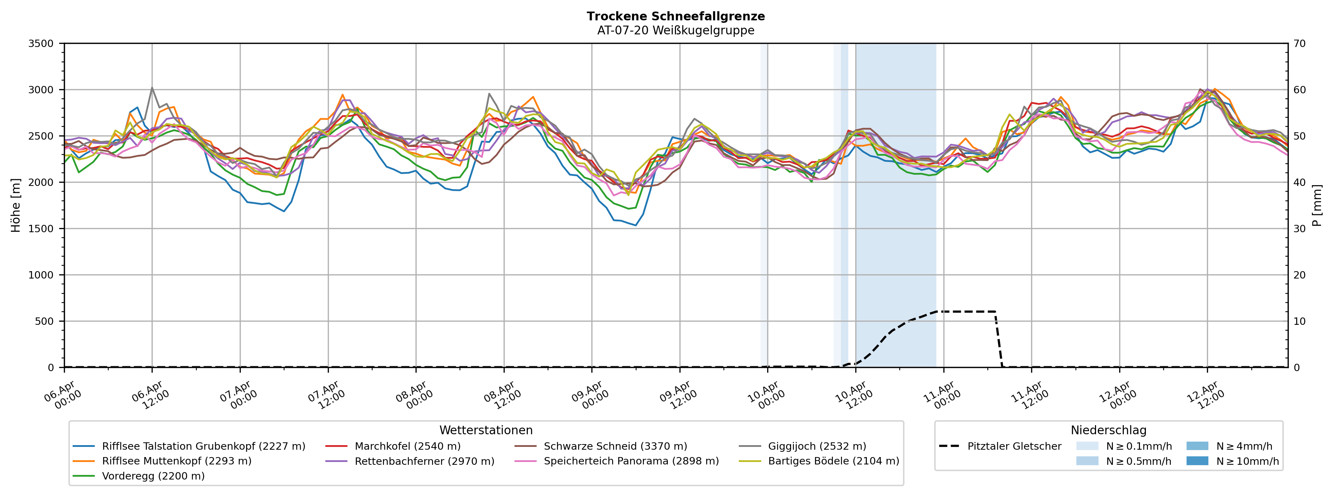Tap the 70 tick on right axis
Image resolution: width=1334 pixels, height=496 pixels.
tap(1300, 43)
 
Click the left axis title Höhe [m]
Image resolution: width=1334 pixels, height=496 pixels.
tap(15, 206)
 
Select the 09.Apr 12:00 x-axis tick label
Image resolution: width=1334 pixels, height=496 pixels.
tap(678, 396)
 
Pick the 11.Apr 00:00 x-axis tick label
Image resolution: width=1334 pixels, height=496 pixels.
tap(942, 396)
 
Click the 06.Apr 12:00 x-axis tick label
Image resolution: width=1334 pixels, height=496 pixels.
tap(151, 396)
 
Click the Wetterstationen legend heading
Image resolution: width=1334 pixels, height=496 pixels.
tap(486, 431)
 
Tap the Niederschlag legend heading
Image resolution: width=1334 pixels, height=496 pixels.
tap(1108, 431)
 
